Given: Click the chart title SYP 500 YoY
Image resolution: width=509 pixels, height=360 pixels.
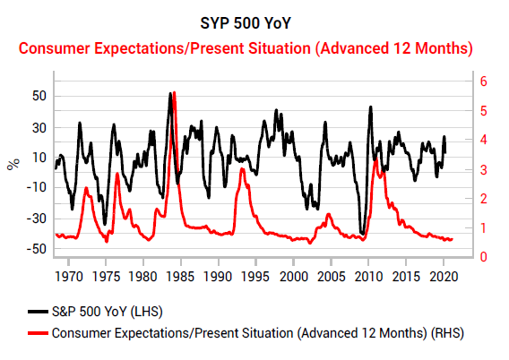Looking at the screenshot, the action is (246, 23).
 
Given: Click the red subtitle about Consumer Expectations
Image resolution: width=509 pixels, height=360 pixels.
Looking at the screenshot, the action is (246, 48).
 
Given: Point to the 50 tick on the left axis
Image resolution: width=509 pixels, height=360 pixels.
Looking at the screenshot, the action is (39, 97).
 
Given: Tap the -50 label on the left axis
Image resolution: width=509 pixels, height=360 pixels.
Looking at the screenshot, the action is (37, 249).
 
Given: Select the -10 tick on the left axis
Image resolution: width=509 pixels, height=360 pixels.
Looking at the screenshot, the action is (37, 188).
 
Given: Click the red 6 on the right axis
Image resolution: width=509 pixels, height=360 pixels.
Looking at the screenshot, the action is (483, 81).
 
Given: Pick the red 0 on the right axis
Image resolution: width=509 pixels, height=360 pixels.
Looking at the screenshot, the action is (483, 257).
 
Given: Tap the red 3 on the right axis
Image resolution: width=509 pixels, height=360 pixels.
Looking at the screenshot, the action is (483, 169).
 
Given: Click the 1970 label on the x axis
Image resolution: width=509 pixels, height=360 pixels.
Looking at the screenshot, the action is (68, 277).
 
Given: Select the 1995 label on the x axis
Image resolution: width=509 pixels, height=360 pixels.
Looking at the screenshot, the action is (255, 277).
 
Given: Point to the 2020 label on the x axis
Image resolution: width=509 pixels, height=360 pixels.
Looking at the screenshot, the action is (444, 277).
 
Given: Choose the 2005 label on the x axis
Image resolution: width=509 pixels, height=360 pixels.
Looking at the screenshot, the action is (331, 277).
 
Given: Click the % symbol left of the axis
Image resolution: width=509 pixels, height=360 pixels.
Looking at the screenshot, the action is (13, 165).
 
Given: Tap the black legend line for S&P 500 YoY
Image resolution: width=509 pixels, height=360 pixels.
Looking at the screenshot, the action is (38, 312).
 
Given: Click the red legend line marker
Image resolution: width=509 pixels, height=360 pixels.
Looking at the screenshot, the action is (38, 333).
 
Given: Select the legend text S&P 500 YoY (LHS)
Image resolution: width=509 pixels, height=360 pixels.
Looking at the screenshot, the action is (108, 312).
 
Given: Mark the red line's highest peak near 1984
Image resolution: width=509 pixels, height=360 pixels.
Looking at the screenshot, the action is (175, 93).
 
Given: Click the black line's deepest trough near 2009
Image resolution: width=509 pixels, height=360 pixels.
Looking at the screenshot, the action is (362, 234).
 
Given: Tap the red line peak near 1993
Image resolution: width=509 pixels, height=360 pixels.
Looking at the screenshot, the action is (242, 169).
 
